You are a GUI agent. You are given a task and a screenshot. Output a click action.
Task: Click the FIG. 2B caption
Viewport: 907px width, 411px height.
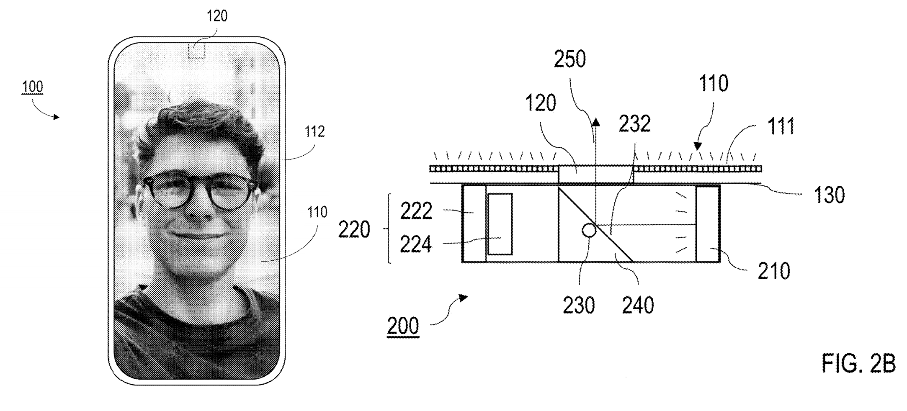pyautogui.click(x=858, y=363)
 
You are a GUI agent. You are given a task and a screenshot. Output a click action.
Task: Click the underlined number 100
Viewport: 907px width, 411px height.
pyautogui.click(x=32, y=87)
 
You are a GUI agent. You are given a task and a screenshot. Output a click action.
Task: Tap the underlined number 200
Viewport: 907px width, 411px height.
pyautogui.click(x=403, y=326)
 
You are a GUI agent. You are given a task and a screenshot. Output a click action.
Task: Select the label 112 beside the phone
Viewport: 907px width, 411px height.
pyautogui.click(x=314, y=131)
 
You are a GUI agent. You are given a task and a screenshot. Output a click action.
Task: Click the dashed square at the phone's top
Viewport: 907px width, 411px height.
pyautogui.click(x=196, y=50)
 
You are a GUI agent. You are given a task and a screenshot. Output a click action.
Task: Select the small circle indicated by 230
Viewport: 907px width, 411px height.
pyautogui.click(x=589, y=230)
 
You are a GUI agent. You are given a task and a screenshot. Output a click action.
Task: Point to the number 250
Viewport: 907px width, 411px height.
pyautogui.click(x=570, y=59)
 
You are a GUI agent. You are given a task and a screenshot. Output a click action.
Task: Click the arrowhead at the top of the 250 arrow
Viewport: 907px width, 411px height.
pyautogui.click(x=595, y=121)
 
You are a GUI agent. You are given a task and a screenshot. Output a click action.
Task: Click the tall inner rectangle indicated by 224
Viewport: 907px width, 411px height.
pyautogui.click(x=500, y=224)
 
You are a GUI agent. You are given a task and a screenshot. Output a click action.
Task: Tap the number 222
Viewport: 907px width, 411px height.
pyautogui.click(x=416, y=211)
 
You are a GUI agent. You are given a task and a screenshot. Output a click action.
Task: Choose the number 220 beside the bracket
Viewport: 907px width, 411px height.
pyautogui.click(x=354, y=229)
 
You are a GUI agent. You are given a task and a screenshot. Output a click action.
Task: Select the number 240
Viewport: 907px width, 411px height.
pyautogui.click(x=638, y=306)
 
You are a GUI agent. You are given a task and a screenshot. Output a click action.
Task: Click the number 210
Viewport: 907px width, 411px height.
pyautogui.click(x=774, y=271)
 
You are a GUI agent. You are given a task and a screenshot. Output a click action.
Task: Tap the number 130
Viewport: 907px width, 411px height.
pyautogui.click(x=829, y=195)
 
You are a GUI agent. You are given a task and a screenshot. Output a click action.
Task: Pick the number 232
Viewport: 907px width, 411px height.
pyautogui.click(x=635, y=123)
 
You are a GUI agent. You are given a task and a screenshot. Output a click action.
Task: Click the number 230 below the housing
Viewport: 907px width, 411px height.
pyautogui.click(x=579, y=306)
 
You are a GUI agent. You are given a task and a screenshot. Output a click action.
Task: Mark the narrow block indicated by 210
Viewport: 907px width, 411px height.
pyautogui.click(x=708, y=224)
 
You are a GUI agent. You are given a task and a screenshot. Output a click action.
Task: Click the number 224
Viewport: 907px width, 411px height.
pyautogui.click(x=416, y=244)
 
